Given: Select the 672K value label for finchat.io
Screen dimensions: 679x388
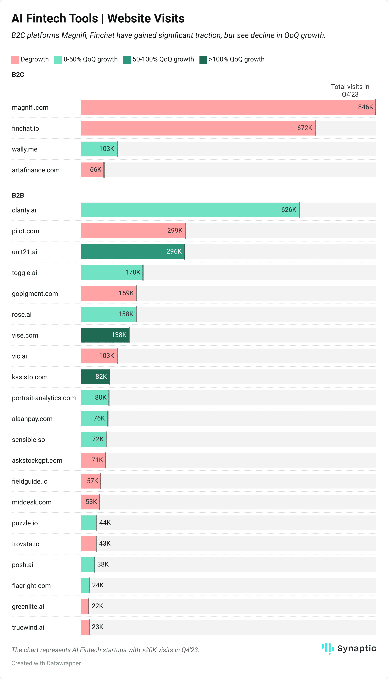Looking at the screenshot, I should click(305, 128).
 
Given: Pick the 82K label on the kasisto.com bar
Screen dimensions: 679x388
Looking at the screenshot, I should click(101, 377).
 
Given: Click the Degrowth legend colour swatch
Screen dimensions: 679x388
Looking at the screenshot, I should click(15, 59).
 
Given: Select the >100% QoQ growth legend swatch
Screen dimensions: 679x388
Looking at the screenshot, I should click(203, 59).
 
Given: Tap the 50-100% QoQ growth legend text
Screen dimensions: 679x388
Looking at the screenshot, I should click(163, 59).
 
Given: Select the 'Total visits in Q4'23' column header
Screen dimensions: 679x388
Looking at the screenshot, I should click(350, 90).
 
